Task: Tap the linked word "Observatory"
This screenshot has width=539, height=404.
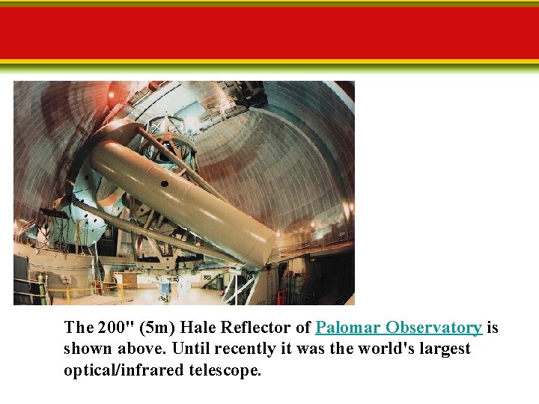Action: point(435,328)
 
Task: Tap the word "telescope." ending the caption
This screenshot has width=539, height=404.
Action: point(226,370)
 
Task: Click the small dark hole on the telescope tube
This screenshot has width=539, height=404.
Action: point(165,182)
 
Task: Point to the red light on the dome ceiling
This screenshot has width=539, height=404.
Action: point(112,95)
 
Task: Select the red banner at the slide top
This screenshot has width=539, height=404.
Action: point(269,33)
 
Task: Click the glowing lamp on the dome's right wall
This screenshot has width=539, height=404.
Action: point(346,206)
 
